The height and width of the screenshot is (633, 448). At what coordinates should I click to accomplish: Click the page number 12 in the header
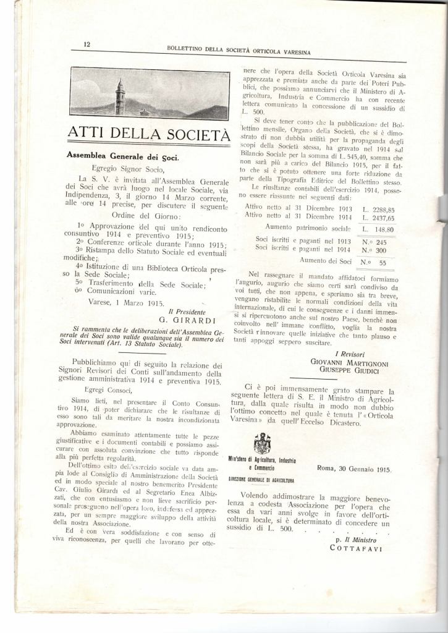pyautogui.click(x=87, y=43)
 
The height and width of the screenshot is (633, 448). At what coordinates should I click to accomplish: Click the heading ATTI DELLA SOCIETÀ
pyautogui.click(x=148, y=134)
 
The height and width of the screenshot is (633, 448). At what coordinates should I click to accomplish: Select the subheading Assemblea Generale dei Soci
pyautogui.click(x=122, y=157)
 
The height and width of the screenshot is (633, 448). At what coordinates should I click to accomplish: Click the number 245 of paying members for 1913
pyautogui.click(x=381, y=242)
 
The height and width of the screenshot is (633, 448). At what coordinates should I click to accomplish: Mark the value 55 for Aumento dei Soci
pyautogui.click(x=382, y=262)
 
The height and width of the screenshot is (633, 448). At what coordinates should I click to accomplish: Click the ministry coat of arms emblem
pyautogui.click(x=263, y=444)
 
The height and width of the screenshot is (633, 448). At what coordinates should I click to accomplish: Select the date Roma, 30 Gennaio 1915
pyautogui.click(x=354, y=469)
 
